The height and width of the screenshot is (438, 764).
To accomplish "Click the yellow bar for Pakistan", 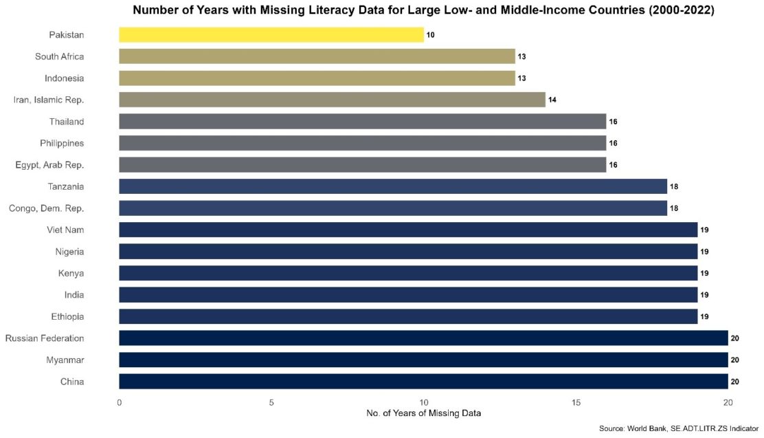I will (271, 34).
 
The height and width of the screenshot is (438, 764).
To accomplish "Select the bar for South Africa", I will (317, 56).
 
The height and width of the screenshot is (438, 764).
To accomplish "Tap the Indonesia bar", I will (317, 78).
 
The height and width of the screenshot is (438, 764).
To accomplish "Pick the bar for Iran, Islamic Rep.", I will (332, 100).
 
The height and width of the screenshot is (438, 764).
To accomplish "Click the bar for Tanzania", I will (393, 186).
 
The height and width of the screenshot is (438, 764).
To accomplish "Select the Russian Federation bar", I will (423, 338).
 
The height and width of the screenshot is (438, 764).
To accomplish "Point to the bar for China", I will (423, 381).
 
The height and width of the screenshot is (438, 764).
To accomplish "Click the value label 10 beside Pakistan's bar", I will (431, 34).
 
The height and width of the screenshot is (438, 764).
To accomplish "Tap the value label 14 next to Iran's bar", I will (552, 100).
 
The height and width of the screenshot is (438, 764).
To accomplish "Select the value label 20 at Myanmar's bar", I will (735, 360).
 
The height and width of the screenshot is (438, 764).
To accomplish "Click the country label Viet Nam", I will (66, 230).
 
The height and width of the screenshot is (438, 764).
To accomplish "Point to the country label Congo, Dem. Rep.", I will (47, 208).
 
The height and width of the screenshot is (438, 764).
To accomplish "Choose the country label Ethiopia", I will (67, 316).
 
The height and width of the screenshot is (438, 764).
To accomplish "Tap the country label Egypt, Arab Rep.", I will (49, 164).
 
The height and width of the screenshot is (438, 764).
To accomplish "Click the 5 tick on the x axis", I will (271, 402).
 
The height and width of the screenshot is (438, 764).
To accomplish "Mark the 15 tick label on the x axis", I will (576, 402).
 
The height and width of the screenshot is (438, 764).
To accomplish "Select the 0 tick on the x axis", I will (120, 402).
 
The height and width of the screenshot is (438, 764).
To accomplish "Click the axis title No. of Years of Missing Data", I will (423, 413).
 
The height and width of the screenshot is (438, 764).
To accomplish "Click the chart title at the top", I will (423, 10).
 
